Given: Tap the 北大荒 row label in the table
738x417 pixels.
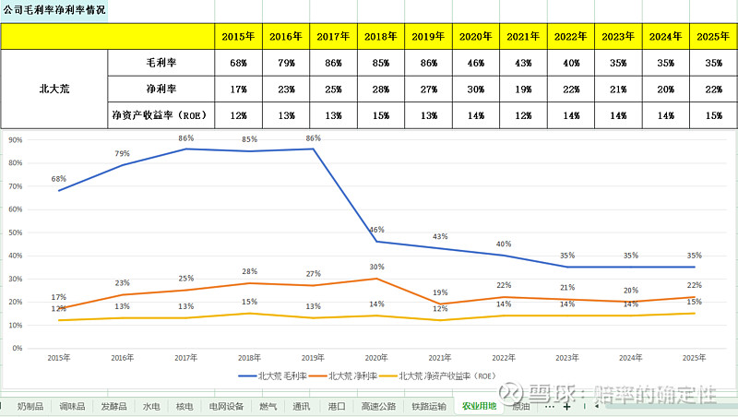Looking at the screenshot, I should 54,89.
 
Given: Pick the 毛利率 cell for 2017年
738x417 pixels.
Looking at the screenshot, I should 335,64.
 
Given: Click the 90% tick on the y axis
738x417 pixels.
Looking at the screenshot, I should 16,140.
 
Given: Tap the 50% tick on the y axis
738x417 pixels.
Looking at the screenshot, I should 16,232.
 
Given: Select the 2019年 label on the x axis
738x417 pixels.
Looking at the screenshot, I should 314,358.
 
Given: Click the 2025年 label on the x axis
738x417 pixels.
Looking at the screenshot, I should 694,358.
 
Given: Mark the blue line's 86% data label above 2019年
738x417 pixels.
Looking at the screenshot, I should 314,138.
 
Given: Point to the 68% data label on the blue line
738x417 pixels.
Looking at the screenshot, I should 59,179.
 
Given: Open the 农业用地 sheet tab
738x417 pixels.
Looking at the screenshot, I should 479,406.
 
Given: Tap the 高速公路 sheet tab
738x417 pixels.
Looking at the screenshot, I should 378,406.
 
